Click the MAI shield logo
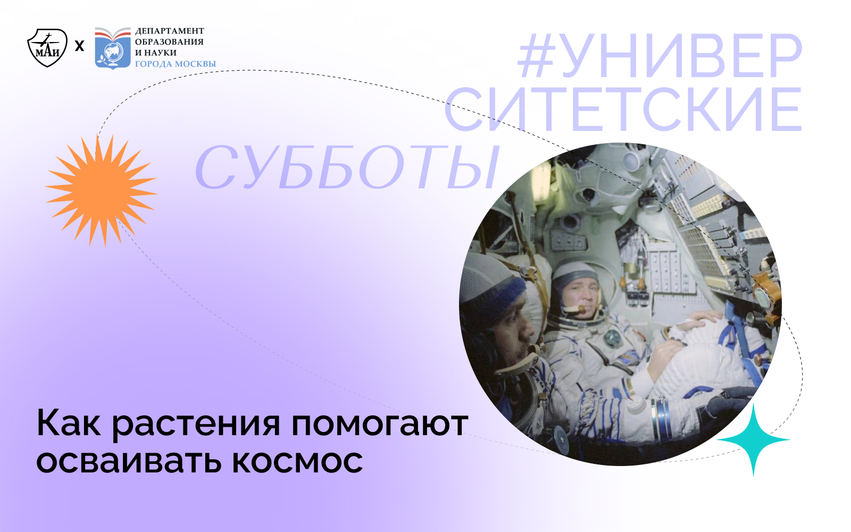pos(47,47)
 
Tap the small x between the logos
pos(80,46)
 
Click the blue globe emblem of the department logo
pos(113,52)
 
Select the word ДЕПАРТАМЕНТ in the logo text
pos(169,31)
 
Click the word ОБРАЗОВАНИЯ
pos(169,42)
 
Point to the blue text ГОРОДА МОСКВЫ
pos(176,64)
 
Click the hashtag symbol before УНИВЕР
pos(536,56)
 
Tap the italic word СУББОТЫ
pos(347,168)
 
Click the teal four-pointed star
pos(753,440)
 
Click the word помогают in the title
pos(379,424)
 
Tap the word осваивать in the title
pos(128,461)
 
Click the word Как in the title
pos(68,424)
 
